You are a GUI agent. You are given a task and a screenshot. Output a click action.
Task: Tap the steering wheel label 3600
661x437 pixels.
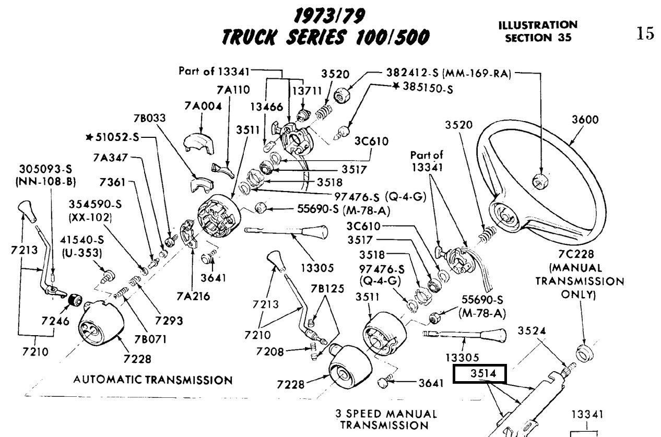point(585,119)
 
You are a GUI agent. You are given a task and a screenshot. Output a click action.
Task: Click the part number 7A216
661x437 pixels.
point(193,296)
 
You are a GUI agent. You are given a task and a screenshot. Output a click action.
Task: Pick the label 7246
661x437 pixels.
point(54,321)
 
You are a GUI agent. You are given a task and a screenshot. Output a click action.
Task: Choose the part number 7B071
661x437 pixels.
point(150,338)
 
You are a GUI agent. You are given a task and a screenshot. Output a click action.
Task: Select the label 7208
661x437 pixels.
point(270,351)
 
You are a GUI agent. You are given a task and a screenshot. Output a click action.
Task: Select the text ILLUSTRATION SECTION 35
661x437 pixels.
point(538,31)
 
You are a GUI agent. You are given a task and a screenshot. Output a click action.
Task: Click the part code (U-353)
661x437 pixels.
point(80,253)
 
